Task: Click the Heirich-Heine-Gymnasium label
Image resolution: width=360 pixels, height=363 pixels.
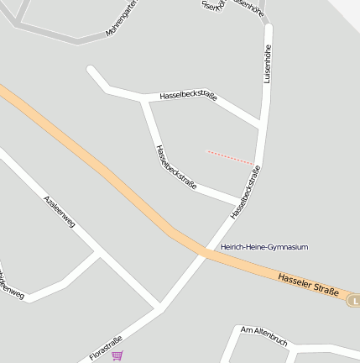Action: [x=264, y=247]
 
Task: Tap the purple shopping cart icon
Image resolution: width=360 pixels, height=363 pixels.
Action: [x=117, y=355]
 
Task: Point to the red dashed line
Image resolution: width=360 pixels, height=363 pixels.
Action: [x=230, y=157]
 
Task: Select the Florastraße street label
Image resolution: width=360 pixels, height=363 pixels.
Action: [x=106, y=345]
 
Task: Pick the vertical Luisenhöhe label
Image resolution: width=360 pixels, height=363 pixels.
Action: [x=269, y=63]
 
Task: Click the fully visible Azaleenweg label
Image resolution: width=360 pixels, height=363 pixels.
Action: [x=60, y=212]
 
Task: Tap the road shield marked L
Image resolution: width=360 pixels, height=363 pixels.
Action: [x=355, y=300]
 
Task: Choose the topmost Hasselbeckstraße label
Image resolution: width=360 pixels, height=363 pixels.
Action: [x=188, y=97]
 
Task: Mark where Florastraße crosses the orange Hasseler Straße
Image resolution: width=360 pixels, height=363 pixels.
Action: [x=204, y=251]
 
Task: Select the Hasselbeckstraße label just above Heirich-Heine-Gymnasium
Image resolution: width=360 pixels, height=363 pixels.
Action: [x=245, y=193]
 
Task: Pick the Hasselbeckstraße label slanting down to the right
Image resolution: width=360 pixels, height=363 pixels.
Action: [x=175, y=166]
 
